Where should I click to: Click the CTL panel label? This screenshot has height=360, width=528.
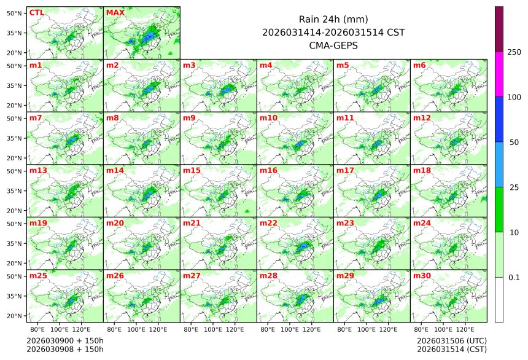coord(37,12)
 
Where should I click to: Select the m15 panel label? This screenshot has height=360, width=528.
coord(190,170)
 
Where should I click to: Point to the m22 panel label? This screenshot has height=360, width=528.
coord(267,223)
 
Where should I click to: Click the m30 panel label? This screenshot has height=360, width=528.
coord(421,276)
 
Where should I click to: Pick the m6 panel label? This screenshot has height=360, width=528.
coord(419,65)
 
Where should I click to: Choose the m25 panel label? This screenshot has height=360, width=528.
coord(38,276)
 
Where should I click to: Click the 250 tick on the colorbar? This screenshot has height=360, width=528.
coord(514,52)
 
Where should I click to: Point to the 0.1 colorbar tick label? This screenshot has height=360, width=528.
coord(514,277)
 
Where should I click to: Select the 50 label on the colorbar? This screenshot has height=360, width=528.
coord(514,142)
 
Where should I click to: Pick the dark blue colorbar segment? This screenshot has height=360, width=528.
coord(499,119)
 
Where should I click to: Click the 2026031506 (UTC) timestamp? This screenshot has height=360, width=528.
coord(451,340)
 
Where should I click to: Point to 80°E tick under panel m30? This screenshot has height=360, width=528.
coord(422,329)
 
